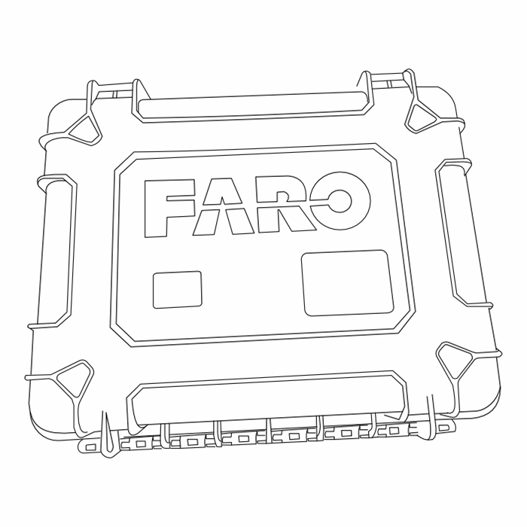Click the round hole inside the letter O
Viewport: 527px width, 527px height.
point(339,201)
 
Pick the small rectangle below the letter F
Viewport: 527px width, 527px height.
point(177,290)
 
